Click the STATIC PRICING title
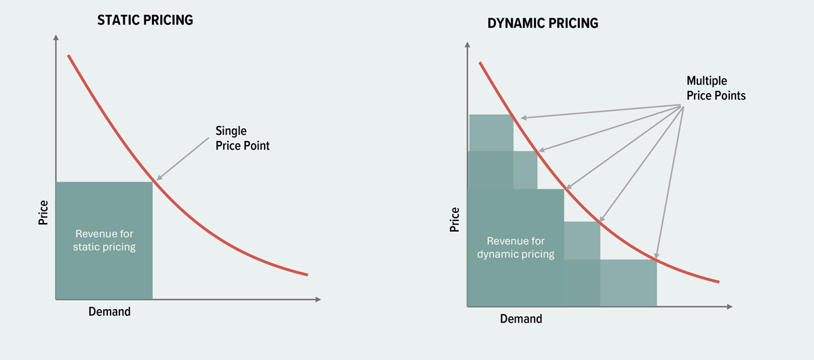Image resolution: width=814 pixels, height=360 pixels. tap(145, 20)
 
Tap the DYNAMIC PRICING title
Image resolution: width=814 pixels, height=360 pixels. tap(543, 24)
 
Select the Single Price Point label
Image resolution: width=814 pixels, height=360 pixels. tap(242, 138)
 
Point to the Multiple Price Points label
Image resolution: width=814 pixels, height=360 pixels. tap(716, 88)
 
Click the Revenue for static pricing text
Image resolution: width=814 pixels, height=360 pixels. tap(104, 240)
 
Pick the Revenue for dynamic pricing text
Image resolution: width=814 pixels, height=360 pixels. tap(516, 247)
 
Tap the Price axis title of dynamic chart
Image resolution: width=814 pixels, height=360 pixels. tap(455, 220)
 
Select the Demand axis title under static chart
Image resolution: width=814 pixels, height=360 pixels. tap(109, 312)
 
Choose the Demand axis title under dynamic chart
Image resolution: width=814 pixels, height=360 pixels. tap(521, 319)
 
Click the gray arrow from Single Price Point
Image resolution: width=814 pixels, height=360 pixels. tap(183, 159)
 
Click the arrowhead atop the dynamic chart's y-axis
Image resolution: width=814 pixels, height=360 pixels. tap(467, 46)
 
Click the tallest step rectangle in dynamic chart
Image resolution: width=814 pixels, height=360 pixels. tap(491, 133)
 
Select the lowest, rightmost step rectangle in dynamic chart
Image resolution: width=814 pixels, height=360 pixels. tap(628, 282)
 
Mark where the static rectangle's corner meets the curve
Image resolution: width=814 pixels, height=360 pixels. tap(153, 182)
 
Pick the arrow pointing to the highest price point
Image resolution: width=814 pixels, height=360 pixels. tap(597, 112)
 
